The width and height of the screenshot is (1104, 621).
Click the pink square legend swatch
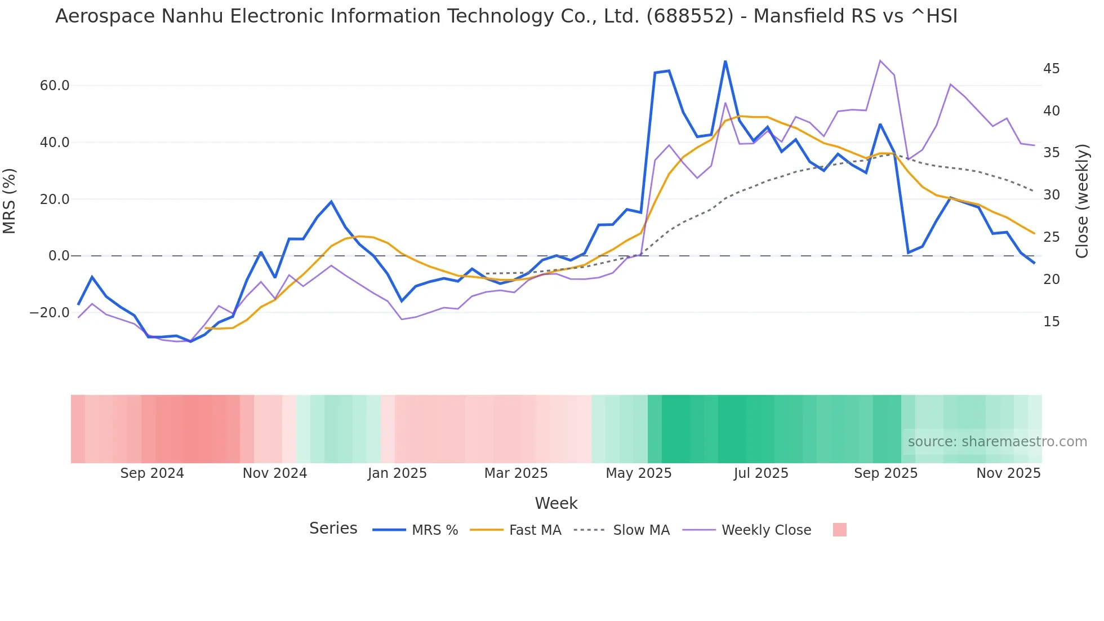839,530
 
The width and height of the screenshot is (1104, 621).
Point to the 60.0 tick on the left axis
54,86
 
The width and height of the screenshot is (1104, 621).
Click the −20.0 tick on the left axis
50,313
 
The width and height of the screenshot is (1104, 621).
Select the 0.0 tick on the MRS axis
59,256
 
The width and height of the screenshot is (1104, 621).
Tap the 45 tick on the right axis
1051,69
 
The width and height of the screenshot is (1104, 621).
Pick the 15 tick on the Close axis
1051,322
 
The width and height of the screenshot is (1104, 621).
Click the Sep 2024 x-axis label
152,473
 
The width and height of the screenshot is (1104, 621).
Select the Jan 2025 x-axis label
397,473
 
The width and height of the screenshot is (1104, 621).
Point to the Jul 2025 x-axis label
760,473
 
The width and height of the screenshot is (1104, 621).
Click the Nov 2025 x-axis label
1008,473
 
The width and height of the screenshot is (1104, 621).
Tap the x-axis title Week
556,503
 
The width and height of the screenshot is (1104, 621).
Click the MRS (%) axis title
10,201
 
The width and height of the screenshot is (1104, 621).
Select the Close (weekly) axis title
1082,201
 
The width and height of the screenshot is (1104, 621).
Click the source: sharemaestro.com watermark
997,442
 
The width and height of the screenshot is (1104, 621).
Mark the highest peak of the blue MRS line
725,61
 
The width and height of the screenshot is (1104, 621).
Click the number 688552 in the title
689,16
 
